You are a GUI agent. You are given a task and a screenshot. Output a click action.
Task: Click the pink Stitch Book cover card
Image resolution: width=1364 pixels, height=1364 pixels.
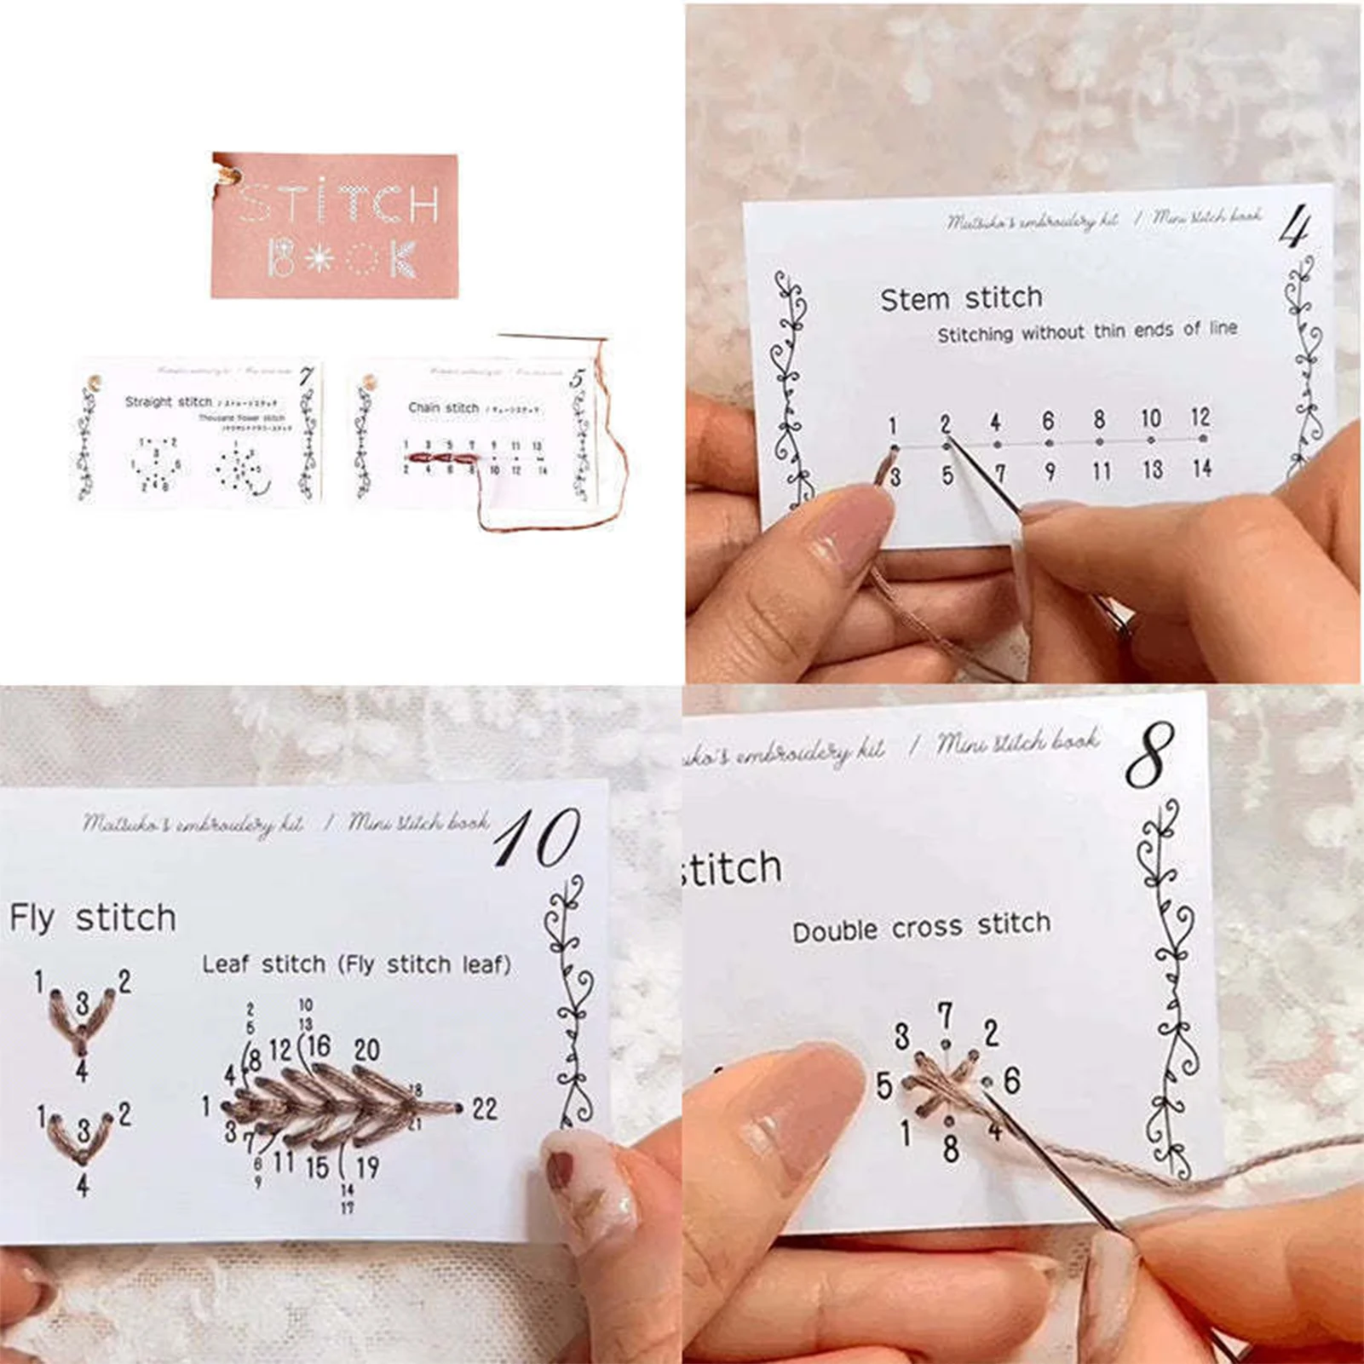click(334, 226)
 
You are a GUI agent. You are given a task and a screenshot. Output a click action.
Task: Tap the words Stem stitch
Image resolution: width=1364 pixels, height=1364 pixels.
click(961, 299)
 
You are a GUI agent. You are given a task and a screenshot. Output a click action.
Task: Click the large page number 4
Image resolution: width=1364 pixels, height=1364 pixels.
click(1294, 227)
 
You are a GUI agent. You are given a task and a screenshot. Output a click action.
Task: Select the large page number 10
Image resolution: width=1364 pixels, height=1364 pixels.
click(538, 839)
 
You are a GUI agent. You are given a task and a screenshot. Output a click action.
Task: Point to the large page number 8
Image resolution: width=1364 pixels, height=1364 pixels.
click(1150, 756)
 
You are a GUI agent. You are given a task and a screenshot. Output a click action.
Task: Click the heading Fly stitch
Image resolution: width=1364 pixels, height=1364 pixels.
click(92, 918)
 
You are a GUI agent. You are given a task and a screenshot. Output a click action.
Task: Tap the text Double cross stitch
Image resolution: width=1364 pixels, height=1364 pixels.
click(921, 928)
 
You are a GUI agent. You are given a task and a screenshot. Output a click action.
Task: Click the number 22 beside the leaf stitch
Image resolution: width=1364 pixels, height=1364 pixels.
click(484, 1108)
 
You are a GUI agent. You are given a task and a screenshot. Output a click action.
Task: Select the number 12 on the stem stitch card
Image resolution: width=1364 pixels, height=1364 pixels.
click(1200, 417)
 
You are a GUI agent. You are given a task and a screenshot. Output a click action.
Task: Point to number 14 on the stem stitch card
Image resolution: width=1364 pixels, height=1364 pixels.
click(1202, 468)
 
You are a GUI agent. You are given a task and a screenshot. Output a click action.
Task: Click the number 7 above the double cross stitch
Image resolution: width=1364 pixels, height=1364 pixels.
click(945, 1016)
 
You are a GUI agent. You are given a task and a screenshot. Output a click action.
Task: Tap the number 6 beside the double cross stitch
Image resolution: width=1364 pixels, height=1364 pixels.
click(1011, 1081)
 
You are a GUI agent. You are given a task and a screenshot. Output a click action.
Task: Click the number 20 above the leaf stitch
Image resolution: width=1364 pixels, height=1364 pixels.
click(366, 1050)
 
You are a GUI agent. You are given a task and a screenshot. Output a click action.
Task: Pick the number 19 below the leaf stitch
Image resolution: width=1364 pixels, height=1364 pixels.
click(367, 1166)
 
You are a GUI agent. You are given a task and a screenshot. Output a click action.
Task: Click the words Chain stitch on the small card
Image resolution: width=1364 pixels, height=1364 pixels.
click(443, 408)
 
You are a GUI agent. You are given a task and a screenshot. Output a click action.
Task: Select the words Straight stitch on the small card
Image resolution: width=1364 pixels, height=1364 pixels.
click(168, 401)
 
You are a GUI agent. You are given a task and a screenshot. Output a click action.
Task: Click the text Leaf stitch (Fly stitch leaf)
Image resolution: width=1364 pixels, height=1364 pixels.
click(356, 964)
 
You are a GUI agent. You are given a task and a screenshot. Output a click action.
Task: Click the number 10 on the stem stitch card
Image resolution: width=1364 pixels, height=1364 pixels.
click(1150, 418)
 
